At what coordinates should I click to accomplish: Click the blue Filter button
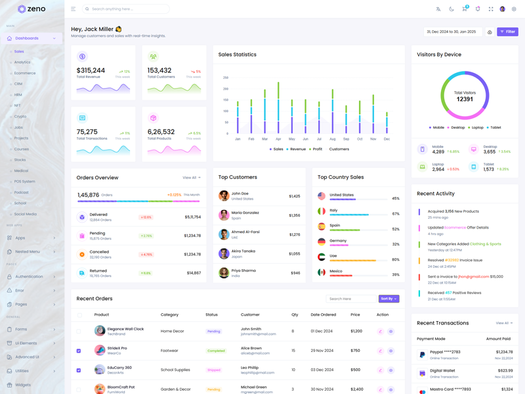[x=507, y=32]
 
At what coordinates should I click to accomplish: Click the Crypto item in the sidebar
[x=20, y=116]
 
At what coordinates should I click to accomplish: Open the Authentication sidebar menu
[x=30, y=276]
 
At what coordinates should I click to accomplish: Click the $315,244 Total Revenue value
[x=91, y=70]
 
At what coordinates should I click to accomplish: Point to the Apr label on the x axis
[x=278, y=139]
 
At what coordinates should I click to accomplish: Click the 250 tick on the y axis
[x=226, y=77]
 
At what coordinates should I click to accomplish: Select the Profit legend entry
[x=317, y=149]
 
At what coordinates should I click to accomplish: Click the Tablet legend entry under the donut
[x=495, y=127]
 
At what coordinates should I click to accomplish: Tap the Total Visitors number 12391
[x=465, y=99]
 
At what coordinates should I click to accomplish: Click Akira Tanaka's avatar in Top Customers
[x=224, y=253]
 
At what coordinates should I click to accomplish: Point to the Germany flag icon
[x=322, y=242]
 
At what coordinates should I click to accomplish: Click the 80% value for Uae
[x=396, y=259]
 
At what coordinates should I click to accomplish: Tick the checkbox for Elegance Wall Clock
[x=79, y=332]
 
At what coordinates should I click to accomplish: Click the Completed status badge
[x=216, y=351]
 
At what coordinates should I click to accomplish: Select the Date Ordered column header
[x=324, y=315]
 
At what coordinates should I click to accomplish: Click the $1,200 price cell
[x=356, y=332]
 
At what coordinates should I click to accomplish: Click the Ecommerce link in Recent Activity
[x=455, y=227]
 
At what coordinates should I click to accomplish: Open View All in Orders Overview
[x=192, y=177]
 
